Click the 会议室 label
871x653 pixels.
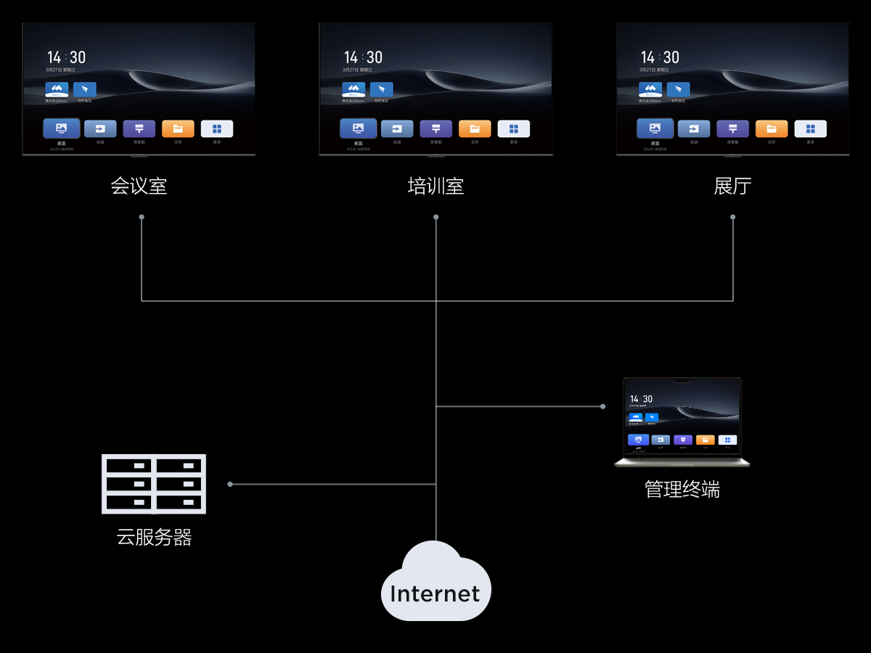(x=139, y=186)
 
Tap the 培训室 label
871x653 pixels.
(x=435, y=186)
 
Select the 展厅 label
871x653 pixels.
(x=732, y=186)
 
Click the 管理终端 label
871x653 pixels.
(x=682, y=490)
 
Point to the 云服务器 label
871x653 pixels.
(x=154, y=538)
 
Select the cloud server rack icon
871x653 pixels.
(x=154, y=484)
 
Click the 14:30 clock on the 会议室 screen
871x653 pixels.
(x=66, y=57)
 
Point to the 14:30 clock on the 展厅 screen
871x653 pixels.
(x=660, y=57)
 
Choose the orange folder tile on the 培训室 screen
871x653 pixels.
(x=475, y=128)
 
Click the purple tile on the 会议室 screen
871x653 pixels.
(x=139, y=128)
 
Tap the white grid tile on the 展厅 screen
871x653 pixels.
(x=811, y=128)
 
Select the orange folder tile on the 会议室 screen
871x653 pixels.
(x=178, y=128)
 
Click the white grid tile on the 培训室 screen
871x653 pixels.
(x=514, y=128)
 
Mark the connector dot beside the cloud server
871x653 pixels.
(x=230, y=484)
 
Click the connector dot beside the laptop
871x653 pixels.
(x=602, y=406)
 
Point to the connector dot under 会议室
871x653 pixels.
(x=142, y=217)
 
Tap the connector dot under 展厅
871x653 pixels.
(x=733, y=217)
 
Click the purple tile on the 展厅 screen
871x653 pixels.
(x=732, y=128)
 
